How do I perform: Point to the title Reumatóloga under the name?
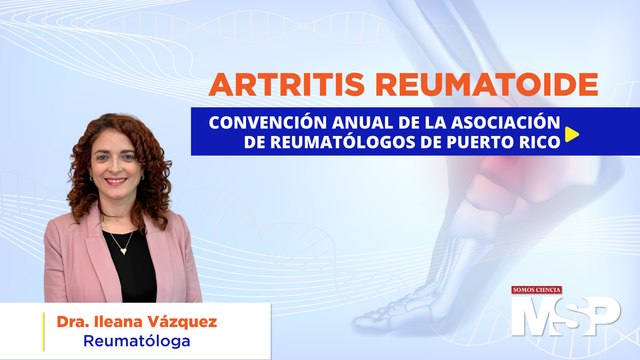click(137, 342)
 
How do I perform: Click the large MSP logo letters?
click(565, 317)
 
